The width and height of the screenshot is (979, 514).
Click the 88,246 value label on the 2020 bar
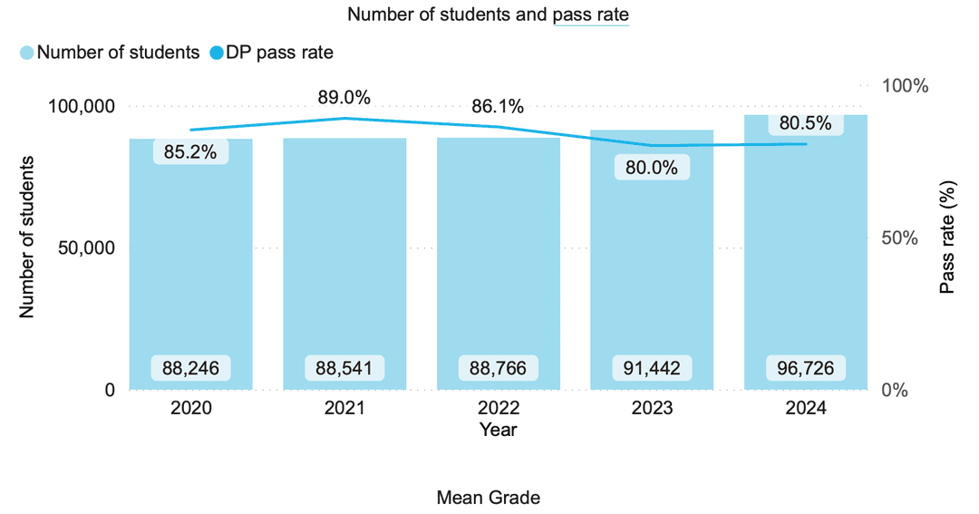190,368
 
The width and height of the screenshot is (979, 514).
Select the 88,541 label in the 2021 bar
344,368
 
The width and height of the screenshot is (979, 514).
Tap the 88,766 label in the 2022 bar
499,368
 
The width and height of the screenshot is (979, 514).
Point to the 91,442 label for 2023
652,368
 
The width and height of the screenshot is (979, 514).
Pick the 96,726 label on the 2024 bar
806,368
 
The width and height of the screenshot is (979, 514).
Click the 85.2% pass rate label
190,152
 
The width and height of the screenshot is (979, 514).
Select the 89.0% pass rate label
344,97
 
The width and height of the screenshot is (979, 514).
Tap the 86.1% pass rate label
498,106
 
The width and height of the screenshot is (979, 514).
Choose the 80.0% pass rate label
652,168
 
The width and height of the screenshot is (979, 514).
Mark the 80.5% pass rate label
806,123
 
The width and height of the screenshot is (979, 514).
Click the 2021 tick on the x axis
344,409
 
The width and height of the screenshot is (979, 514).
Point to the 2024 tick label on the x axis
806,409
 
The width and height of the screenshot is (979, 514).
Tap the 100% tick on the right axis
906,86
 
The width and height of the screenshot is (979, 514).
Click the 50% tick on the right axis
902,238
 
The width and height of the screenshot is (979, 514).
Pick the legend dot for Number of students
27,53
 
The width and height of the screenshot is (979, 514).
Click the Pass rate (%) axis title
948,238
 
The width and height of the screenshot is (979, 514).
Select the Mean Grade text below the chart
489,498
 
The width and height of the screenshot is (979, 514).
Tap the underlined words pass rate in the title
590,15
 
